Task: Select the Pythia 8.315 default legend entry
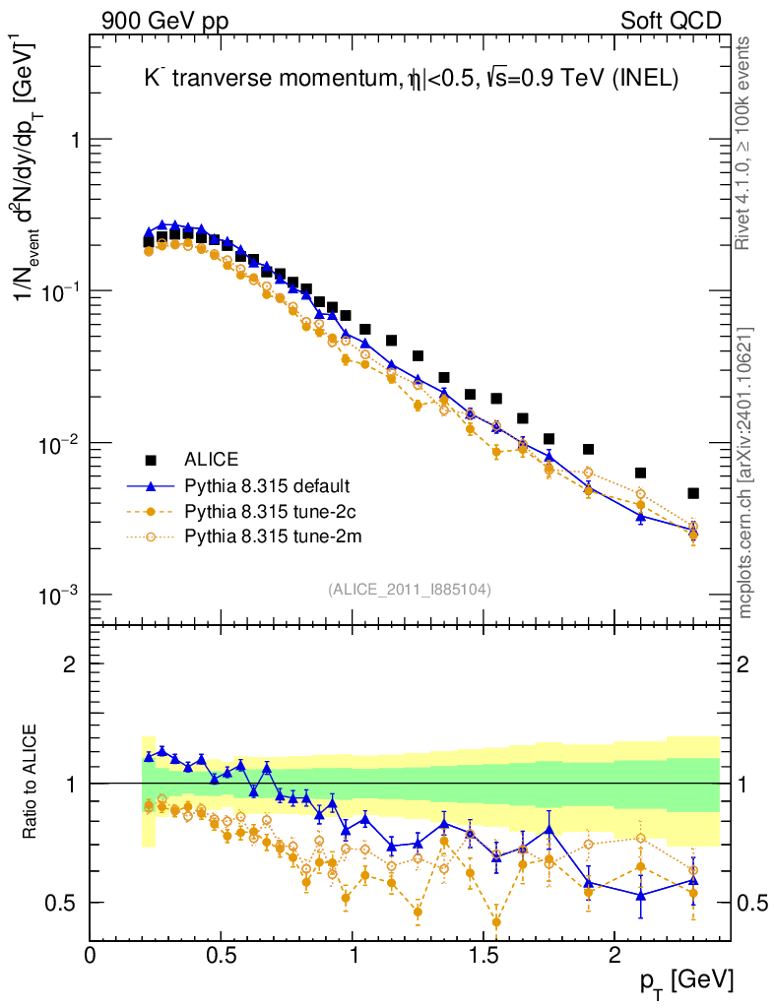pyautogui.click(x=267, y=485)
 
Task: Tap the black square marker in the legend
pyautogui.click(x=151, y=460)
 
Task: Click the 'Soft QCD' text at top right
pyautogui.click(x=671, y=21)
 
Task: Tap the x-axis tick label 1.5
pyautogui.click(x=483, y=955)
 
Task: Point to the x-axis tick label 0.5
pyautogui.click(x=222, y=955)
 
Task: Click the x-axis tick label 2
pyautogui.click(x=614, y=955)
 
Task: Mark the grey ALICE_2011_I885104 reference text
pyautogui.click(x=410, y=589)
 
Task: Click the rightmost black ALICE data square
pyautogui.click(x=693, y=493)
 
